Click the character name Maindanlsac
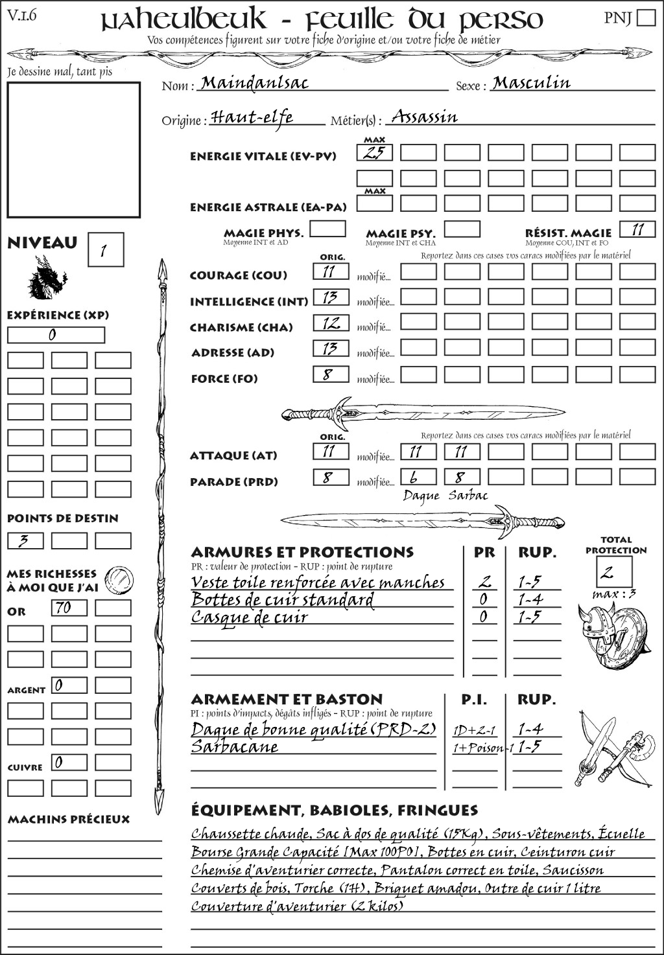tap(254, 83)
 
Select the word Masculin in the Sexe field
tap(531, 83)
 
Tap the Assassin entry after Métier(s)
tap(425, 117)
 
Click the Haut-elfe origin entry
tap(252, 117)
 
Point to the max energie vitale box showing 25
tap(374, 153)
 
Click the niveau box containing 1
tap(105, 250)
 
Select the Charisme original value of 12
tap(331, 323)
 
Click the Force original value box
tap(331, 374)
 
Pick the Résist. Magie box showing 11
tap(637, 229)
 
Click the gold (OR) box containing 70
tap(69, 608)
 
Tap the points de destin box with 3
tap(25, 540)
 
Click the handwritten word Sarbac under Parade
tap(468, 496)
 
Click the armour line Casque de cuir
tap(250, 617)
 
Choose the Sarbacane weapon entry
tap(235, 747)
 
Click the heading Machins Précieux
tap(69, 820)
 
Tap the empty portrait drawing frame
tap(73, 150)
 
